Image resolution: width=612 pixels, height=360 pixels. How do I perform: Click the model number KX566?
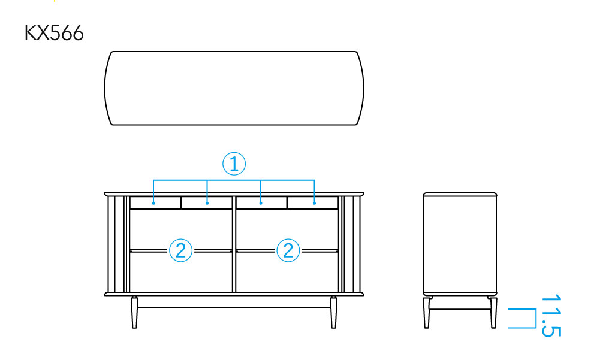[x=54, y=33]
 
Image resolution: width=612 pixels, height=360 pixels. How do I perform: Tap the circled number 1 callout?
[x=234, y=164]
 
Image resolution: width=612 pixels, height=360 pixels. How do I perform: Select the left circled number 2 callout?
[x=180, y=250]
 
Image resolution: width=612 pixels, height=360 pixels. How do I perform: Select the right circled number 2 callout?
[x=288, y=250]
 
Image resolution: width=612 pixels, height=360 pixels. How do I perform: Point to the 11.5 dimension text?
[x=551, y=315]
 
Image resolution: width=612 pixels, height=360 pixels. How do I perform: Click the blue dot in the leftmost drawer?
[x=153, y=203]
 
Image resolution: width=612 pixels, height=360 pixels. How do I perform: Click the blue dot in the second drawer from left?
[x=207, y=203]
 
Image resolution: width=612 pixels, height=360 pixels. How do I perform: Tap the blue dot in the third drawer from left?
[x=261, y=203]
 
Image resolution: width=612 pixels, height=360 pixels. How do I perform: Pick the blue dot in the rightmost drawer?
[x=314, y=203]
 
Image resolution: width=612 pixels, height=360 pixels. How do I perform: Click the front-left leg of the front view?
[x=135, y=313]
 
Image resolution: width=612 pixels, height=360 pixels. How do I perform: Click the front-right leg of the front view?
[x=333, y=313]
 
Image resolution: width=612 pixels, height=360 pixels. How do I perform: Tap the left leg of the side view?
[x=427, y=313]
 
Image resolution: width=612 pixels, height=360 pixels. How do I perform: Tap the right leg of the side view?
[x=494, y=313]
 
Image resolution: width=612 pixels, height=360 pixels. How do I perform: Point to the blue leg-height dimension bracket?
[x=535, y=318]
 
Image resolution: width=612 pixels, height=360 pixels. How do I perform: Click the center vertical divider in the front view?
[x=234, y=244]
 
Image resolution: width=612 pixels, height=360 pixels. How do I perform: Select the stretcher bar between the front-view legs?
[x=234, y=307]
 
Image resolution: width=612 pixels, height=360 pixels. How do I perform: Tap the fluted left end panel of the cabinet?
[x=116, y=244]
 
